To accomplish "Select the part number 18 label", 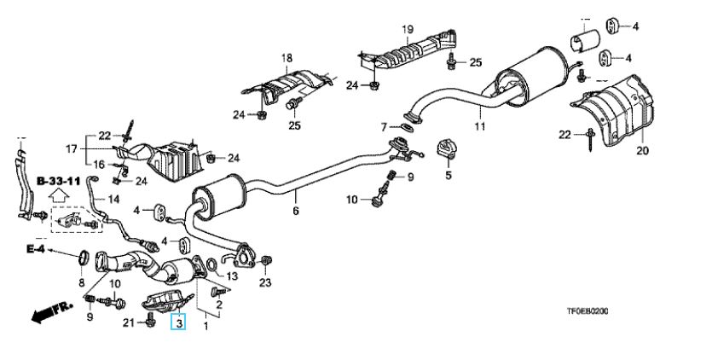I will (x=287, y=58).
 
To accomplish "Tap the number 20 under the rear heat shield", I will (x=642, y=151).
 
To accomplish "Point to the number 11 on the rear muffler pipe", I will (x=478, y=127).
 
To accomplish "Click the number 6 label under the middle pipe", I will (x=296, y=210).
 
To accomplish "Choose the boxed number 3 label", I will (x=178, y=322).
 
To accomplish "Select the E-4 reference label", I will (x=34, y=249).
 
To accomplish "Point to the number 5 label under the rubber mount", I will (x=445, y=176).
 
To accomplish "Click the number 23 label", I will (x=264, y=282).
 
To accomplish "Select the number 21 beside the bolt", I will (x=129, y=321).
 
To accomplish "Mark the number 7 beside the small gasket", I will (x=385, y=127).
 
